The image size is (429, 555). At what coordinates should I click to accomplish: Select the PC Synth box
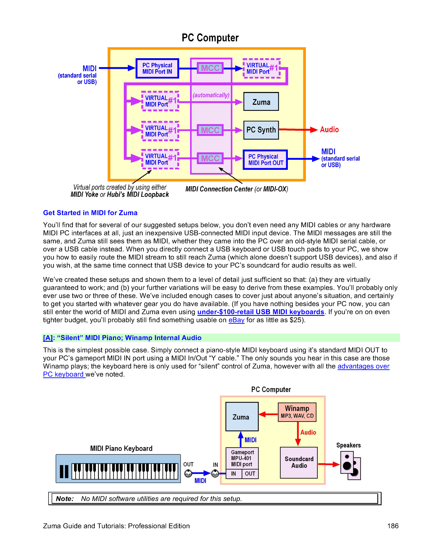tap(261, 130)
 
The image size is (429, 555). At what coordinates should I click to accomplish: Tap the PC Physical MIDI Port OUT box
tap(265, 160)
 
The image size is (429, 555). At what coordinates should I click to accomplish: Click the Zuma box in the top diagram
tap(261, 102)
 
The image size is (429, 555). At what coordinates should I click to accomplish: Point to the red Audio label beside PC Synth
tap(329, 130)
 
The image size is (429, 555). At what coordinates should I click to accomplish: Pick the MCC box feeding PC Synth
tap(210, 130)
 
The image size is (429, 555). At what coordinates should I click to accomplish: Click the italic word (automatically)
tap(211, 95)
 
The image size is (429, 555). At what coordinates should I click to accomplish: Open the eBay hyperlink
tap(236, 320)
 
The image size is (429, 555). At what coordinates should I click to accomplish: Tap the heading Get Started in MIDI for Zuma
tap(90, 213)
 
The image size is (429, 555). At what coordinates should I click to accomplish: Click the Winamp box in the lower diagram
tap(297, 412)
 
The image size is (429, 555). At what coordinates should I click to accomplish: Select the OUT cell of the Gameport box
tap(250, 474)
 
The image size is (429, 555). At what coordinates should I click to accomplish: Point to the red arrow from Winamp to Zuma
tap(268, 414)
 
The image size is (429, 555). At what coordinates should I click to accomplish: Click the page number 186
tap(393, 526)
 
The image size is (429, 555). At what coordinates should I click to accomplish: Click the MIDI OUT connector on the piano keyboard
tap(188, 474)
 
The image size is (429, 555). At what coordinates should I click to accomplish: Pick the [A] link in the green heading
tap(48, 338)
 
